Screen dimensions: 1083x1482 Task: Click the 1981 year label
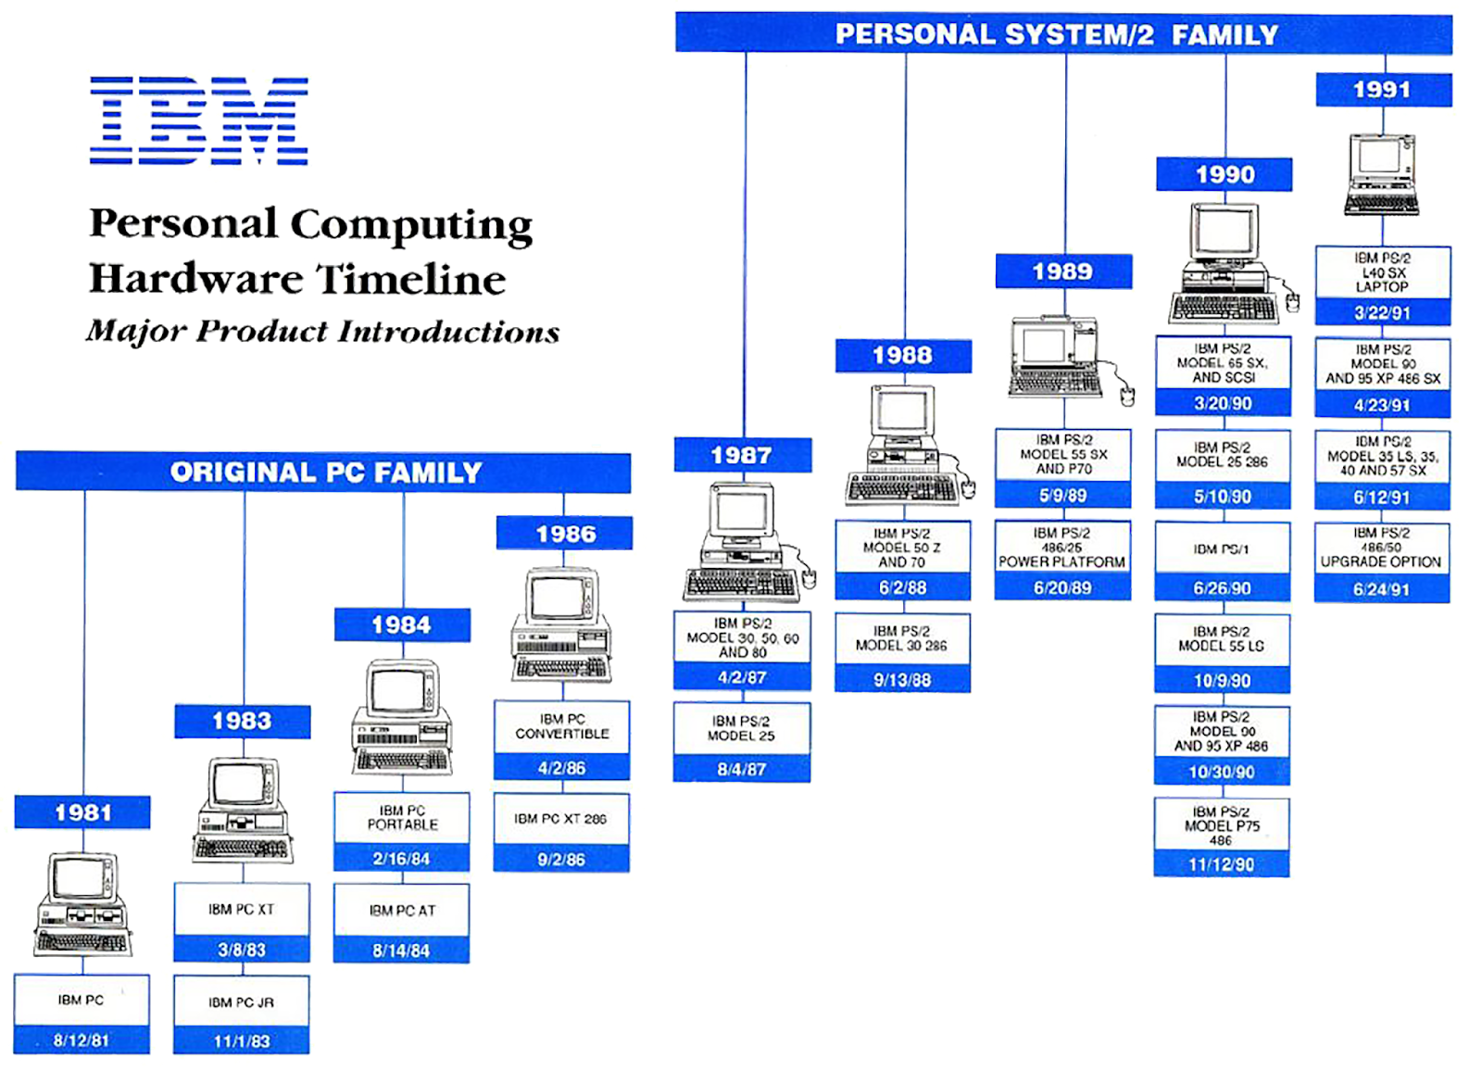pyautogui.click(x=83, y=812)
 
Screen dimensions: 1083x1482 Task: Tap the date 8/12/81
pyautogui.click(x=82, y=1040)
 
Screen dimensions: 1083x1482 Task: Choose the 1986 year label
pyautogui.click(x=565, y=534)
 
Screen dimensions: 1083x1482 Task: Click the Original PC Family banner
pyautogui.click(x=325, y=472)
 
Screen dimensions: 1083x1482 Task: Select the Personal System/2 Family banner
pyautogui.click(x=1056, y=34)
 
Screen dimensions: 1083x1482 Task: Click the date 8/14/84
pyautogui.click(x=402, y=951)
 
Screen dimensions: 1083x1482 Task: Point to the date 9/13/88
pyautogui.click(x=902, y=680)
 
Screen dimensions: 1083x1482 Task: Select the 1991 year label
pyautogui.click(x=1382, y=90)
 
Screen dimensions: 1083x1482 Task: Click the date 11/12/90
pyautogui.click(x=1222, y=864)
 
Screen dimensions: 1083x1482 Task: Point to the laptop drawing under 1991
pyautogui.click(x=1382, y=174)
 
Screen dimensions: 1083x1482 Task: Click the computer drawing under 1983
pyautogui.click(x=243, y=810)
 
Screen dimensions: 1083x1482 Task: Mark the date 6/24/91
pyautogui.click(x=1382, y=589)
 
